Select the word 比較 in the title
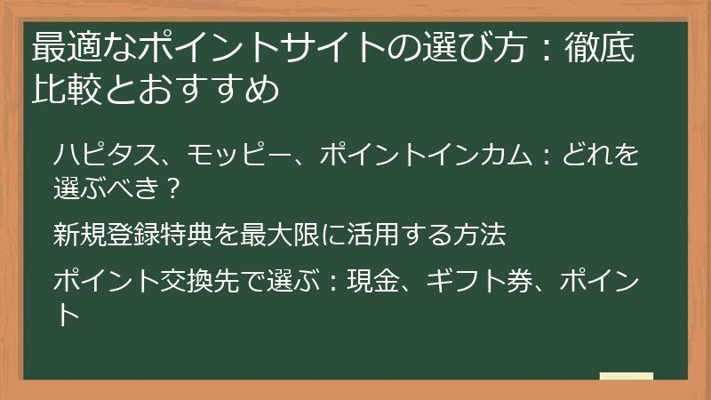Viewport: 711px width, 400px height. pos(61,90)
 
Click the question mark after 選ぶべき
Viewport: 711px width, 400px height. pos(174,188)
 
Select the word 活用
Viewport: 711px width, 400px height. pos(375,236)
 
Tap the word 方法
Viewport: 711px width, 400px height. pos(480,236)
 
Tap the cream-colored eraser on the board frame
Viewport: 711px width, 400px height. pos(626,377)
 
